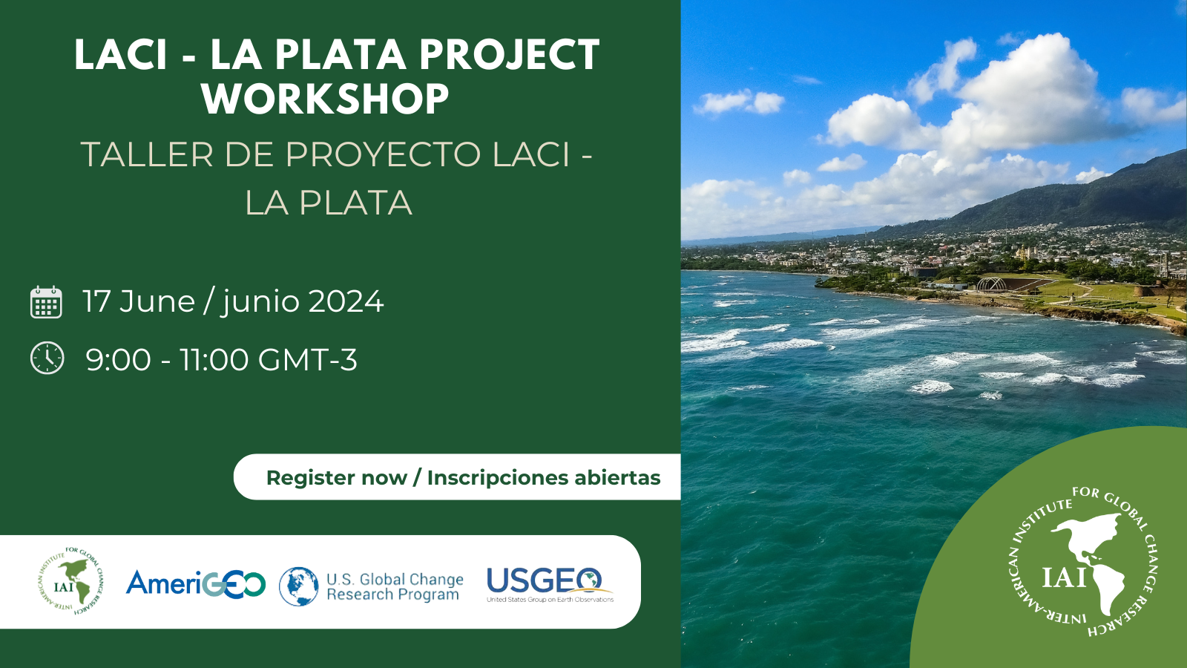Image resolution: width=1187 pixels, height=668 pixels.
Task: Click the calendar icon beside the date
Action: pyautogui.click(x=46, y=301)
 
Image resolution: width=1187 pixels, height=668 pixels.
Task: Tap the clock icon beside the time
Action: pyautogui.click(x=47, y=358)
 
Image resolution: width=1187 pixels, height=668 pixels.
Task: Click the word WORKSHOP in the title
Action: pyautogui.click(x=326, y=99)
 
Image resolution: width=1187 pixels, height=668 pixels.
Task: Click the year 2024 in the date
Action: pyautogui.click(x=346, y=301)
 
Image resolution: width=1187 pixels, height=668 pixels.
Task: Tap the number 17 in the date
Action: pyautogui.click(x=96, y=301)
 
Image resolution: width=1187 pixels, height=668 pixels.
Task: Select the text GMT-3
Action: pyautogui.click(x=307, y=359)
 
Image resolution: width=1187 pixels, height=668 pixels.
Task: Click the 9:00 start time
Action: pyautogui.click(x=118, y=359)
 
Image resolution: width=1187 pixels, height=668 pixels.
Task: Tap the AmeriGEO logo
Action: pyautogui.click(x=196, y=584)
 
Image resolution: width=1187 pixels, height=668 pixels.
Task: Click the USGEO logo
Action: pyautogui.click(x=550, y=585)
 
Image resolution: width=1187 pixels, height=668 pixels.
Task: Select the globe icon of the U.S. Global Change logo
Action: pyautogui.click(x=299, y=586)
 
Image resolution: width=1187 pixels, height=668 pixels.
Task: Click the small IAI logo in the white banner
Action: pyautogui.click(x=71, y=581)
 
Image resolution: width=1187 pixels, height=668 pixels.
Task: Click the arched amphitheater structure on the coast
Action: pyautogui.click(x=991, y=285)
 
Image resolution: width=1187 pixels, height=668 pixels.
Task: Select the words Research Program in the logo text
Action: pyautogui.click(x=392, y=595)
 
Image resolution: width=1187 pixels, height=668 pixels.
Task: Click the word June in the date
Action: pyautogui.click(x=157, y=301)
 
